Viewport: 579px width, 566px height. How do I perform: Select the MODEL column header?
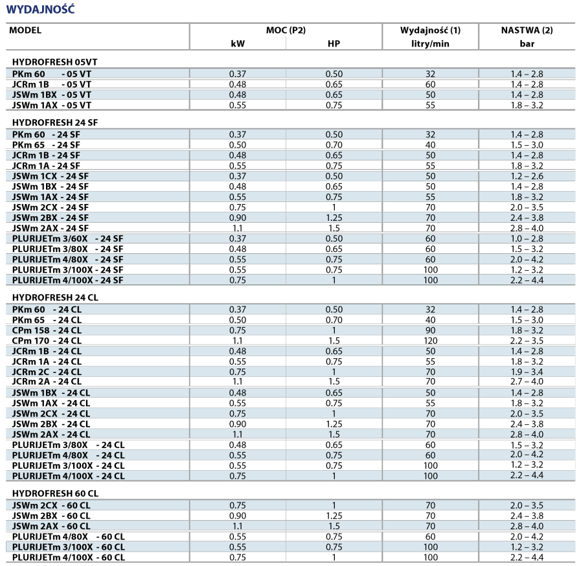click(25, 30)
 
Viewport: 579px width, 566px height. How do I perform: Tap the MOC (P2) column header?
click(286, 30)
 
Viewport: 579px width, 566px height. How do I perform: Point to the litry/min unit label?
click(431, 44)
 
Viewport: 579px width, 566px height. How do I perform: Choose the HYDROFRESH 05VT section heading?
click(54, 62)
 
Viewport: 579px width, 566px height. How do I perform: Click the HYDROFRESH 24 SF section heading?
click(55, 122)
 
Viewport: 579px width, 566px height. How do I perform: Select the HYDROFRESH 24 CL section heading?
click(55, 297)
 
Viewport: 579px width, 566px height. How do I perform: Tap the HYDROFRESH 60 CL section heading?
click(55, 493)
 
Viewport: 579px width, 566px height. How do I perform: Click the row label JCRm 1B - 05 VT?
click(52, 84)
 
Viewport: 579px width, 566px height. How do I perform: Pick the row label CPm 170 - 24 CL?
click(47, 341)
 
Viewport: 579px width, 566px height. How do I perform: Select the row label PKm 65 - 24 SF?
click(46, 144)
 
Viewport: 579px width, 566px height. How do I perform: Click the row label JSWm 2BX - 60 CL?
click(51, 515)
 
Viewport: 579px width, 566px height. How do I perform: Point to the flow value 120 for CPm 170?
click(430, 341)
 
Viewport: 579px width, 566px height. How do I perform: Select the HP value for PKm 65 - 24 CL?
click(334, 319)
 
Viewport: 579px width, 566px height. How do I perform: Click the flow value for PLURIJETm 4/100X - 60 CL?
click(430, 558)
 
